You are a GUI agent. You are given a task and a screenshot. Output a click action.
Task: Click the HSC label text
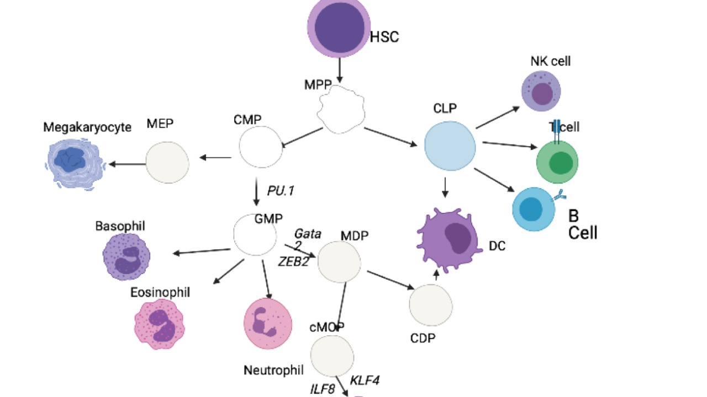384,37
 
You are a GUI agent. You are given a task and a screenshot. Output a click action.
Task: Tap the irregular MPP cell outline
341,109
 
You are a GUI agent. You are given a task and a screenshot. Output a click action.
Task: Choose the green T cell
557,162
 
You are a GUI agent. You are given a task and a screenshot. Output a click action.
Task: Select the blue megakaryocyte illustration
74,164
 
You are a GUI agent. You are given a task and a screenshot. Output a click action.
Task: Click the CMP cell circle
261,147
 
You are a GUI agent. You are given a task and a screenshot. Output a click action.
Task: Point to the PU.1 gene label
281,191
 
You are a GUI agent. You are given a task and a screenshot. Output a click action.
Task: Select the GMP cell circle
255,235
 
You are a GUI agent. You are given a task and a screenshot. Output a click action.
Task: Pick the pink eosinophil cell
159,324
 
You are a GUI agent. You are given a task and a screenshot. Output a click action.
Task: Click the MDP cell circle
339,262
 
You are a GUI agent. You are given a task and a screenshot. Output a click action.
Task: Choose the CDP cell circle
431,305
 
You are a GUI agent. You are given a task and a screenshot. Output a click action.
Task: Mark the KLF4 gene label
365,380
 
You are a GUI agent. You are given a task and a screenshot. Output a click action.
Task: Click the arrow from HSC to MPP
340,70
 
